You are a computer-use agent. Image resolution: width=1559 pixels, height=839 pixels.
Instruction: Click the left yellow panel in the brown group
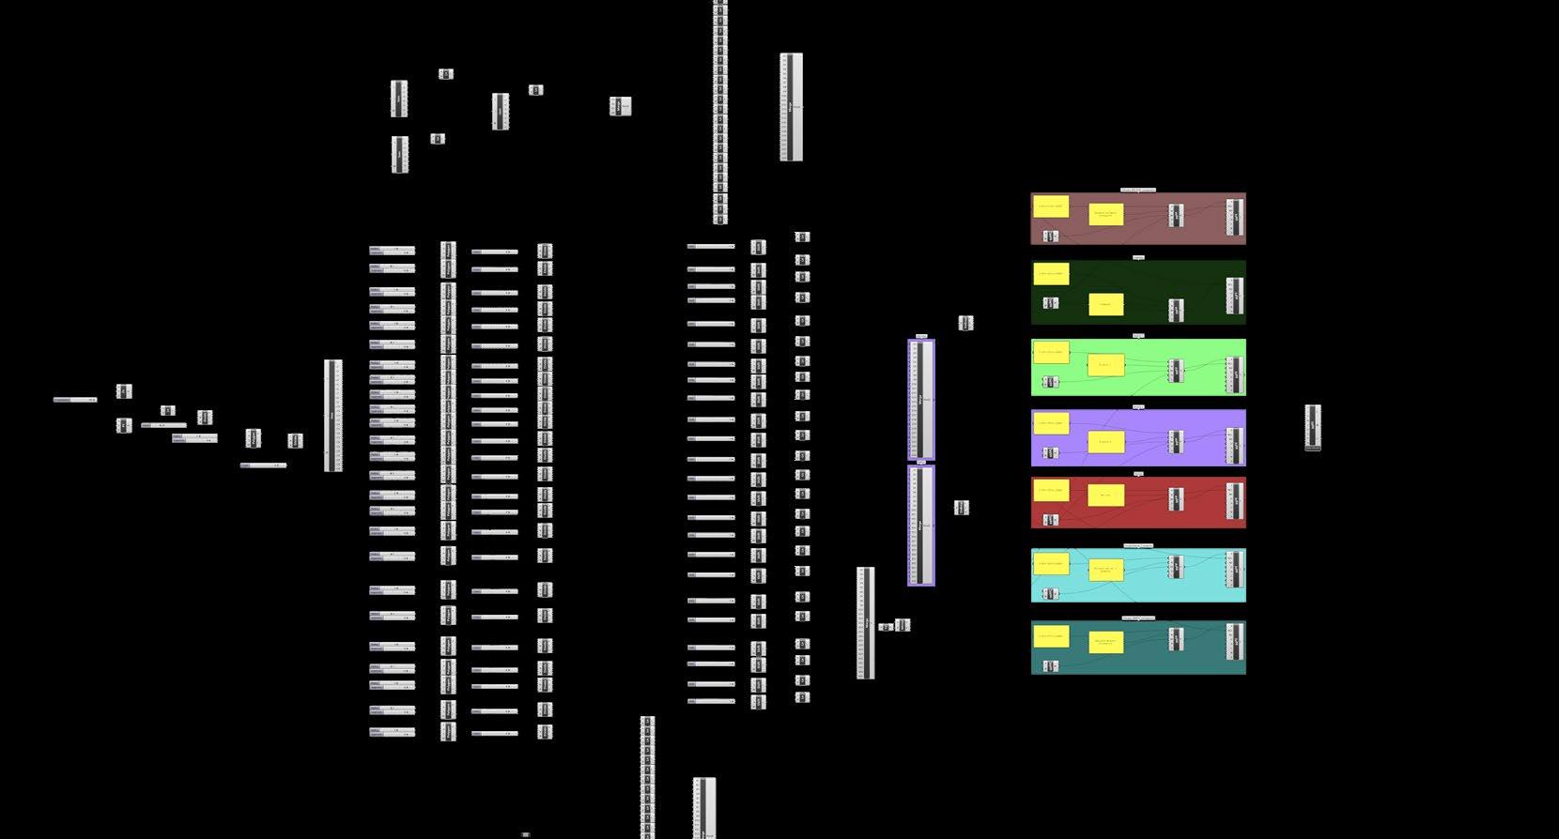pos(1051,206)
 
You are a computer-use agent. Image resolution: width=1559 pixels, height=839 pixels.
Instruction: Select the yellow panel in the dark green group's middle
pos(1106,304)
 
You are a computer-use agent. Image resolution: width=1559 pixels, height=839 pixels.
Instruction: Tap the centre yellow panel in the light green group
pos(1105,365)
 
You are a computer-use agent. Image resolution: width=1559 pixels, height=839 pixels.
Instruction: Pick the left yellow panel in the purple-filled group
pos(1051,423)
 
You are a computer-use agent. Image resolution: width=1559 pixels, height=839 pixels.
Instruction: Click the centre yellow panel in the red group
pos(1105,495)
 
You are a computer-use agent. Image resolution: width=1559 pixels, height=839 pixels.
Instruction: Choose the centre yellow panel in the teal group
pos(1105,643)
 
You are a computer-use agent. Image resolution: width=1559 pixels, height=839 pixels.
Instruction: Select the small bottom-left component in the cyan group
pos(1051,594)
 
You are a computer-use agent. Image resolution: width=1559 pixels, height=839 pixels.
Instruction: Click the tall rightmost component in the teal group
pos(1235,641)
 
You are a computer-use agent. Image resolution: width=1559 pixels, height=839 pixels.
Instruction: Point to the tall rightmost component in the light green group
pos(1235,375)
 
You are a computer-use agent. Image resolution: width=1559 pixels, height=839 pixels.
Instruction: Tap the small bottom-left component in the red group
pos(1051,520)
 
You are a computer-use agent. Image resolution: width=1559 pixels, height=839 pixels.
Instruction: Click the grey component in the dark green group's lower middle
pos(1176,310)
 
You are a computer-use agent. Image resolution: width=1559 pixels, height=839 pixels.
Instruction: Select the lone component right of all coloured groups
pos(1313,428)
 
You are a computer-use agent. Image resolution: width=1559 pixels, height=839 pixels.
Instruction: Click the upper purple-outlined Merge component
pos(921,400)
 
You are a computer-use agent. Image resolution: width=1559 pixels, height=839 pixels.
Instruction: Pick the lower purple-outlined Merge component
pos(921,526)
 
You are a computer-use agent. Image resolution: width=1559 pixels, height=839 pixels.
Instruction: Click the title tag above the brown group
pos(1138,190)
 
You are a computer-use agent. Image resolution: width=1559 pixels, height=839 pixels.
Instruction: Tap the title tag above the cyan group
pos(1138,545)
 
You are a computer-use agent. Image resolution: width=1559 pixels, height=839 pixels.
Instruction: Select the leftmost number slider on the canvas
pos(75,400)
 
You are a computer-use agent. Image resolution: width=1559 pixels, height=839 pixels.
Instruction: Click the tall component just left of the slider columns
pos(333,416)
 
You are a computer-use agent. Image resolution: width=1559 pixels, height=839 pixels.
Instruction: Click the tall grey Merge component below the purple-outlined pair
pos(866,622)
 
